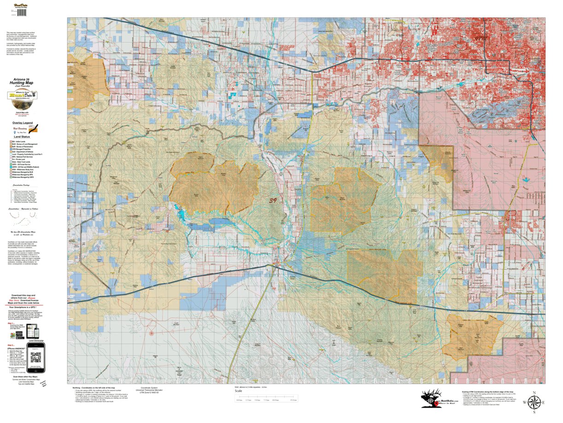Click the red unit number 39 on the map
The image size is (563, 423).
click(x=273, y=201)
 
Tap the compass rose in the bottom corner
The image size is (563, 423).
click(x=533, y=402)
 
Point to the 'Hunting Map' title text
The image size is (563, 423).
click(x=23, y=83)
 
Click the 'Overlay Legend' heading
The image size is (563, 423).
click(x=23, y=123)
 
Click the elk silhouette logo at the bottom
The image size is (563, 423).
click(x=432, y=398)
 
